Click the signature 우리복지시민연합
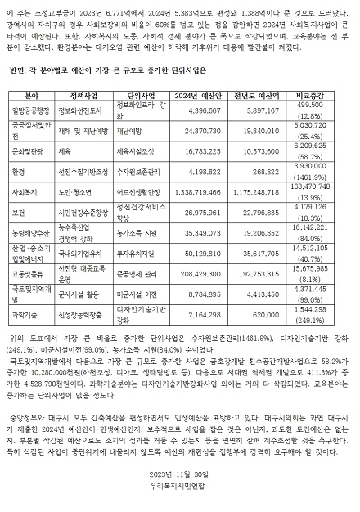tap(180, 494)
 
